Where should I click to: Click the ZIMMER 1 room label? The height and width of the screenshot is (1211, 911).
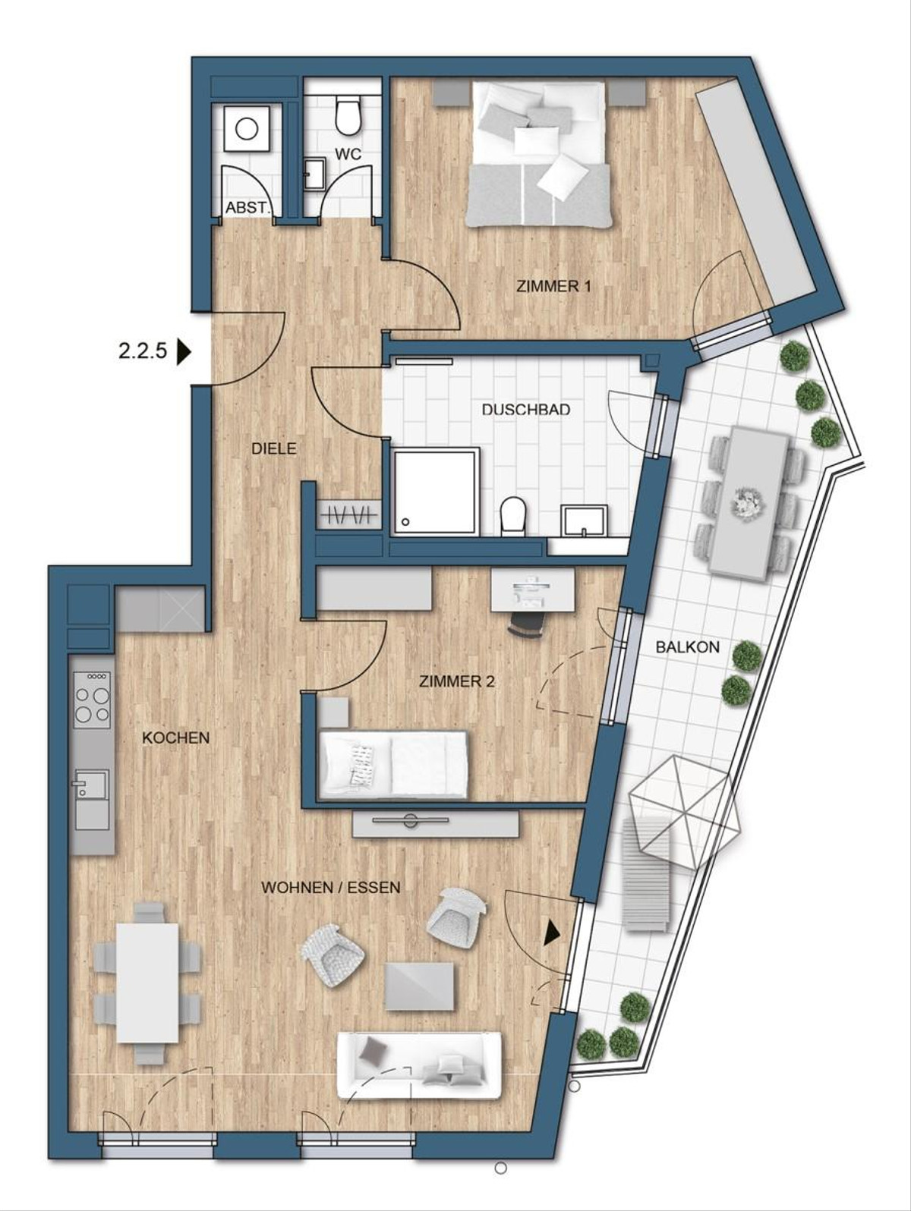(x=553, y=287)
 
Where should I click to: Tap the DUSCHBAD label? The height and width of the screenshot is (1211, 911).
(x=537, y=410)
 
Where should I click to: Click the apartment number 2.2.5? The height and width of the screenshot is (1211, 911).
(x=142, y=352)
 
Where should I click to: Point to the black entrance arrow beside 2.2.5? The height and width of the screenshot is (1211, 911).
(x=183, y=352)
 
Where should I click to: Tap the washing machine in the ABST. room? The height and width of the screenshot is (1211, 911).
(x=247, y=128)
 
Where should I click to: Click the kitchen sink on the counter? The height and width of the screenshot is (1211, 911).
(x=92, y=785)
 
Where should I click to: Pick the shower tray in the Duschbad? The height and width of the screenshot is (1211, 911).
(x=436, y=491)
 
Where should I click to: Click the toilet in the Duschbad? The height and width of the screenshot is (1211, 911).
(x=513, y=516)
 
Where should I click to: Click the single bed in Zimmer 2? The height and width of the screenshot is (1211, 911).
(x=393, y=764)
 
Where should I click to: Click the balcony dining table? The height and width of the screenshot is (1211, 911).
(x=748, y=502)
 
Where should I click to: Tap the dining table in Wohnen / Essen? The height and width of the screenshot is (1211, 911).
(x=148, y=982)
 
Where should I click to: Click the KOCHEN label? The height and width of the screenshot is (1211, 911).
(x=176, y=738)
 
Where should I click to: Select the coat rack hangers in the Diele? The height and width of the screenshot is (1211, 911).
(x=348, y=516)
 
